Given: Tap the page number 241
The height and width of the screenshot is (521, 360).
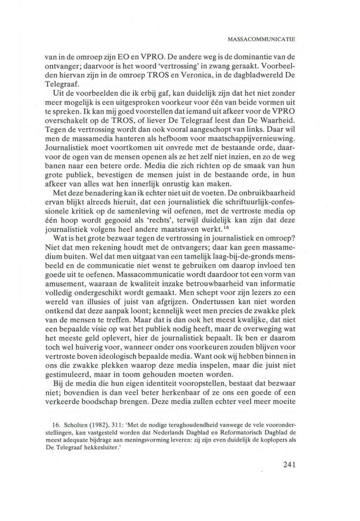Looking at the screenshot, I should pyautogui.click(x=292, y=464).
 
